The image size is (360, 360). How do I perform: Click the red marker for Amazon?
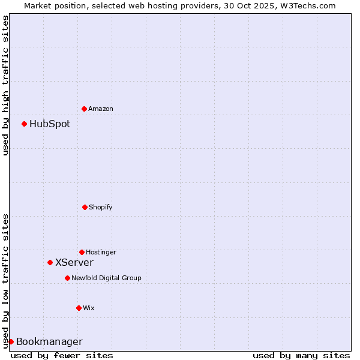click(84, 109)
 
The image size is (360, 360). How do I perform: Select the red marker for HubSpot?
click(24, 124)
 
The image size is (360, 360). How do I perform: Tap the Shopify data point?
click(85, 207)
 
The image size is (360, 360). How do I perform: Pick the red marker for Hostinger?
click(82, 252)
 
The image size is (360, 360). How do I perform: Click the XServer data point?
click(50, 262)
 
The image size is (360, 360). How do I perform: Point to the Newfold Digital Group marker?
click(67, 278)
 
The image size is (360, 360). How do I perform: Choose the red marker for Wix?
click(79, 308)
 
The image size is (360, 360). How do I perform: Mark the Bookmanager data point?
click(11, 341)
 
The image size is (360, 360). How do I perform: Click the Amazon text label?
click(101, 109)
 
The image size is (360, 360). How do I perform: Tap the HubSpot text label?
click(50, 124)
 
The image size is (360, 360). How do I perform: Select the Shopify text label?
click(101, 207)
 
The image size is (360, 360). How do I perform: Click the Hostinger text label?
click(101, 252)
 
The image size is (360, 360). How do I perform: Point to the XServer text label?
click(74, 263)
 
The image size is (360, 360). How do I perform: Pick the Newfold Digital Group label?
click(106, 278)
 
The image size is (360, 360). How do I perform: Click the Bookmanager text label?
click(49, 342)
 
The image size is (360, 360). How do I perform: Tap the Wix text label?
click(89, 308)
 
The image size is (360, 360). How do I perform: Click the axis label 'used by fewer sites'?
click(62, 355)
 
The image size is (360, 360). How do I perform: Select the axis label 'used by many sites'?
click(301, 355)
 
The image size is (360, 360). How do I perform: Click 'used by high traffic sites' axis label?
click(5, 85)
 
